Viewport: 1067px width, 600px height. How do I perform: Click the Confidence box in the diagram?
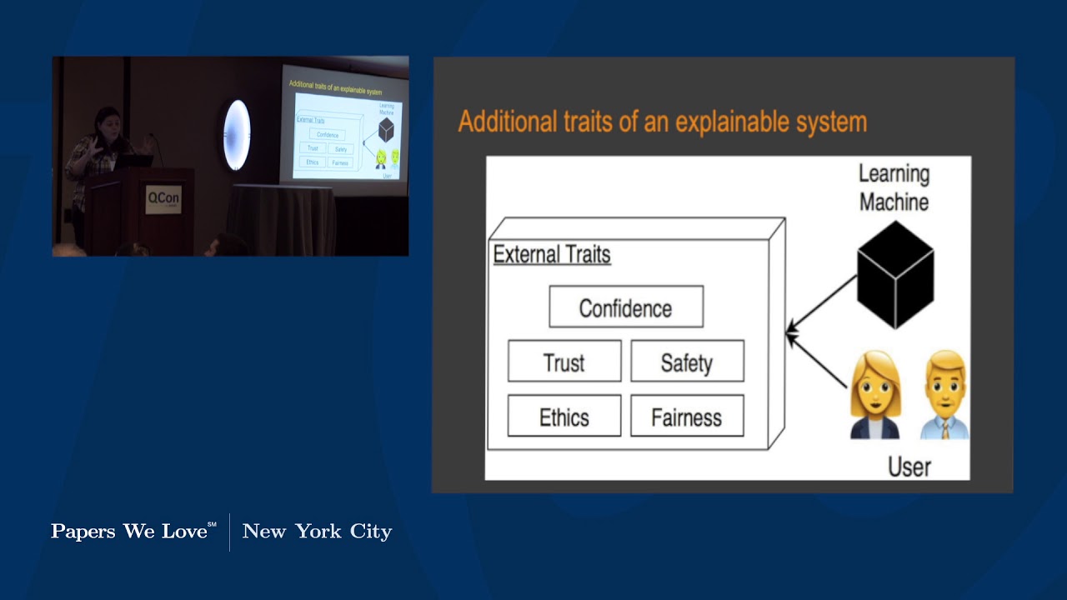[x=625, y=307]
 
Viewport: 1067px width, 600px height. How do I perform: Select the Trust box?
[x=564, y=362]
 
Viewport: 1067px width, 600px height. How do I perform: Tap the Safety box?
[x=687, y=362]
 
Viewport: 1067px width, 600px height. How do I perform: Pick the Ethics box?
[x=564, y=417]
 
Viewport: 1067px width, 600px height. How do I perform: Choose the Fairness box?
[x=687, y=417]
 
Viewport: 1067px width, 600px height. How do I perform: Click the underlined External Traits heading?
[x=552, y=254]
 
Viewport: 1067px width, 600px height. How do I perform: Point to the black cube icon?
[x=895, y=274]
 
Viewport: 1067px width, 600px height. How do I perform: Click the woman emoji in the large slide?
[x=875, y=395]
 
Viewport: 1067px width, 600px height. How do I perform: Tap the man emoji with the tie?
[x=945, y=395]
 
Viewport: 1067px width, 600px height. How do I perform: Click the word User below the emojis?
[x=909, y=467]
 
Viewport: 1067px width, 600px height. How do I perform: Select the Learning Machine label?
[x=894, y=187]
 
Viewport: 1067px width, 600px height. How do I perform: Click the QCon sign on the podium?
[x=163, y=200]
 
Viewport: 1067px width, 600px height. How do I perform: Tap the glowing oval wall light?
[x=237, y=134]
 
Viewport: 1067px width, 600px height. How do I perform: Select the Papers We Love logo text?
[x=133, y=532]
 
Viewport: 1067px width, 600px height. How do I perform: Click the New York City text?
[x=317, y=532]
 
